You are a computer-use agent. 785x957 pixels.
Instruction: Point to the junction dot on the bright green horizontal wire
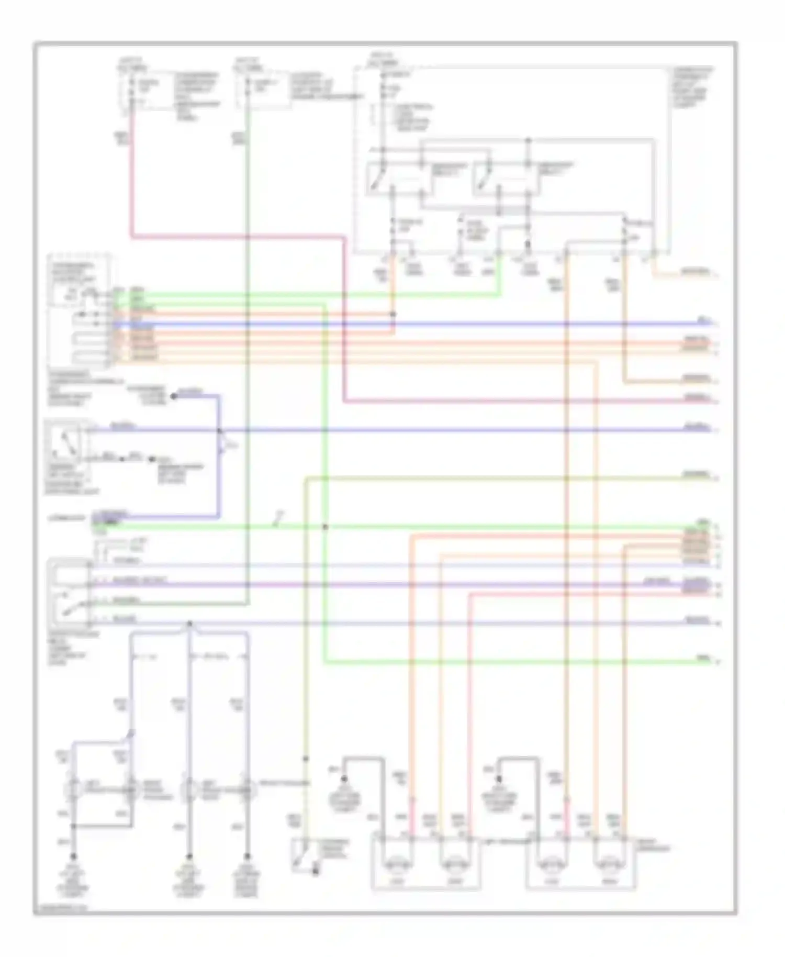coord(325,526)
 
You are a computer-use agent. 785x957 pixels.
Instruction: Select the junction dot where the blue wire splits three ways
coord(189,623)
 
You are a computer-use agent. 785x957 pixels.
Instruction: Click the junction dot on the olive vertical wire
coord(306,758)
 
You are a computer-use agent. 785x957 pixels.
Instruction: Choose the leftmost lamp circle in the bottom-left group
coord(72,789)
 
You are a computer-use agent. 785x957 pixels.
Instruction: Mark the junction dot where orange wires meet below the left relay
coord(393,314)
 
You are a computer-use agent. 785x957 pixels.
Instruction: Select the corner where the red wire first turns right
coord(131,237)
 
